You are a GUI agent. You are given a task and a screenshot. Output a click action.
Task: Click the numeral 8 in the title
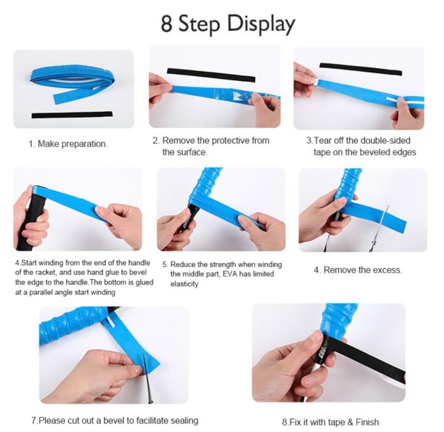(166, 23)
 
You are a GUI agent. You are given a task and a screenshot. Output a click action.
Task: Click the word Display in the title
(261, 25)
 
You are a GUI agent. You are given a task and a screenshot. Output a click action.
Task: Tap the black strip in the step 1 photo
(72, 115)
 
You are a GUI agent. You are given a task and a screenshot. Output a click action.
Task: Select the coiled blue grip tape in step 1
(72, 82)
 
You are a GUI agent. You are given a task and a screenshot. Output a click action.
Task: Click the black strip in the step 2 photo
(212, 75)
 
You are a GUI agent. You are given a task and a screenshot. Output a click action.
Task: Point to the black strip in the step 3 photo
(361, 70)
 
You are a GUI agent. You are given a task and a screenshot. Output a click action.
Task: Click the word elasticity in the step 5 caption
(184, 284)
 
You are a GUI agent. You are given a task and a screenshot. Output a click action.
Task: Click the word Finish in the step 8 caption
(368, 422)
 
